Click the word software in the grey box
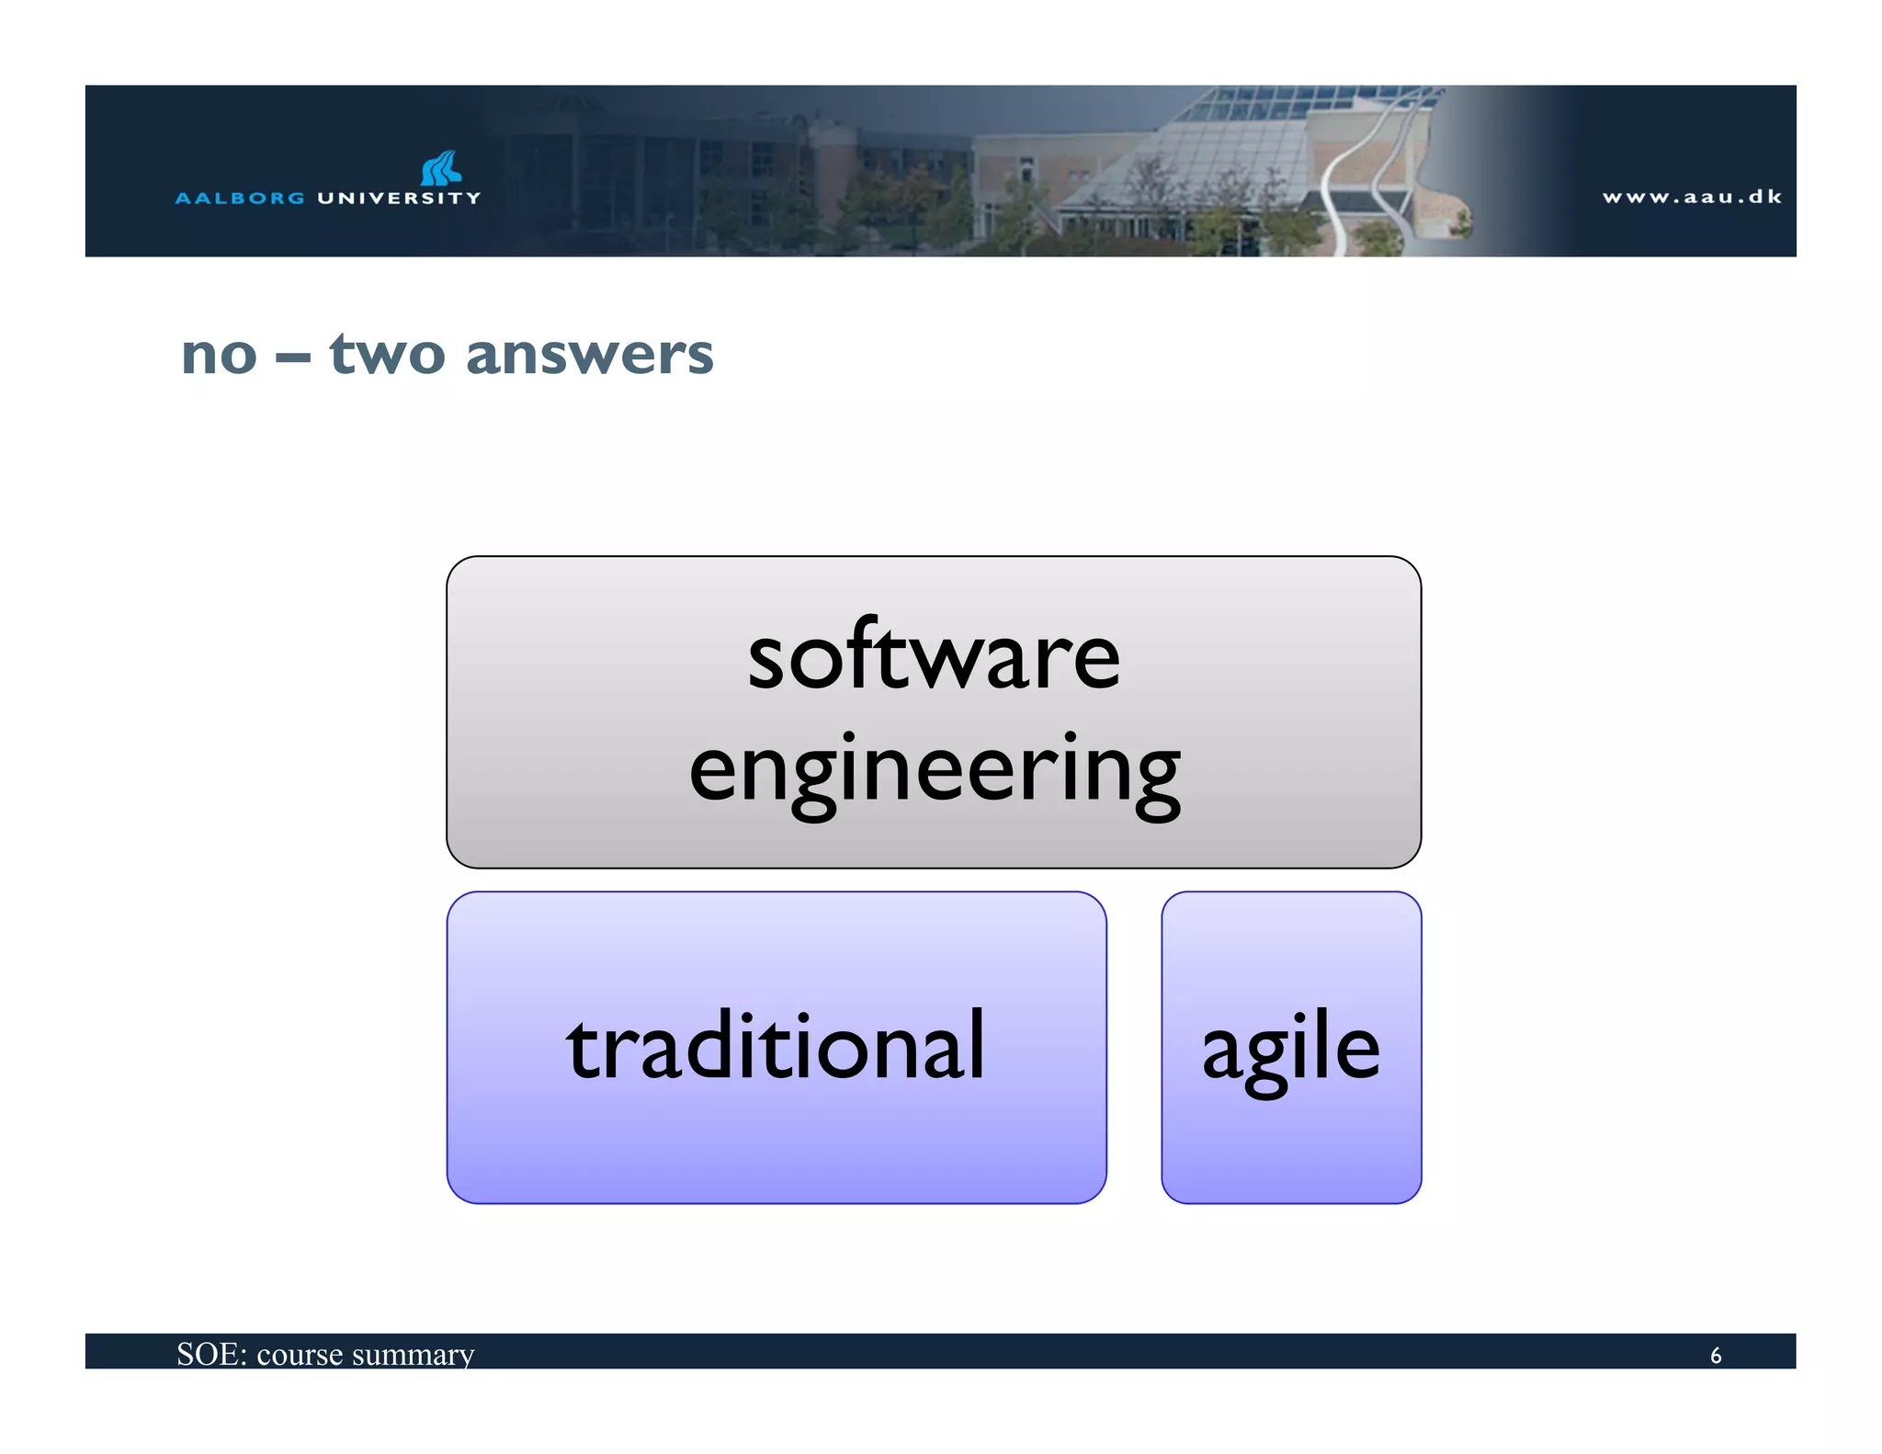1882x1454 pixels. [934, 656]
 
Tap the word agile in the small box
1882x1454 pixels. [1290, 1049]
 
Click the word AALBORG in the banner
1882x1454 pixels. [240, 198]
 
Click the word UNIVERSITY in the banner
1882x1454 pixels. [399, 198]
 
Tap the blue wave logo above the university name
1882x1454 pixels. [441, 168]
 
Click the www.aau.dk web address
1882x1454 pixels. [1692, 197]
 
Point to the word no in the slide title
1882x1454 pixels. [219, 355]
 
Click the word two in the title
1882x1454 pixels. [387, 354]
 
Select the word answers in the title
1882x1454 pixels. [589, 355]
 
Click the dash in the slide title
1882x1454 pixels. [292, 358]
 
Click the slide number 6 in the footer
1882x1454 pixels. [1715, 1356]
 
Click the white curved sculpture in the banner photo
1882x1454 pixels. [1369, 175]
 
